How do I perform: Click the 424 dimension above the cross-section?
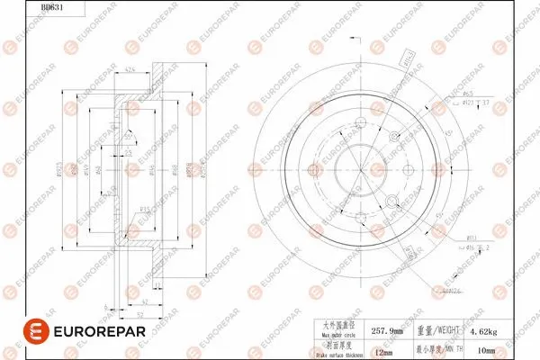[130, 71]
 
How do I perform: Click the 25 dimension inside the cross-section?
[130, 155]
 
